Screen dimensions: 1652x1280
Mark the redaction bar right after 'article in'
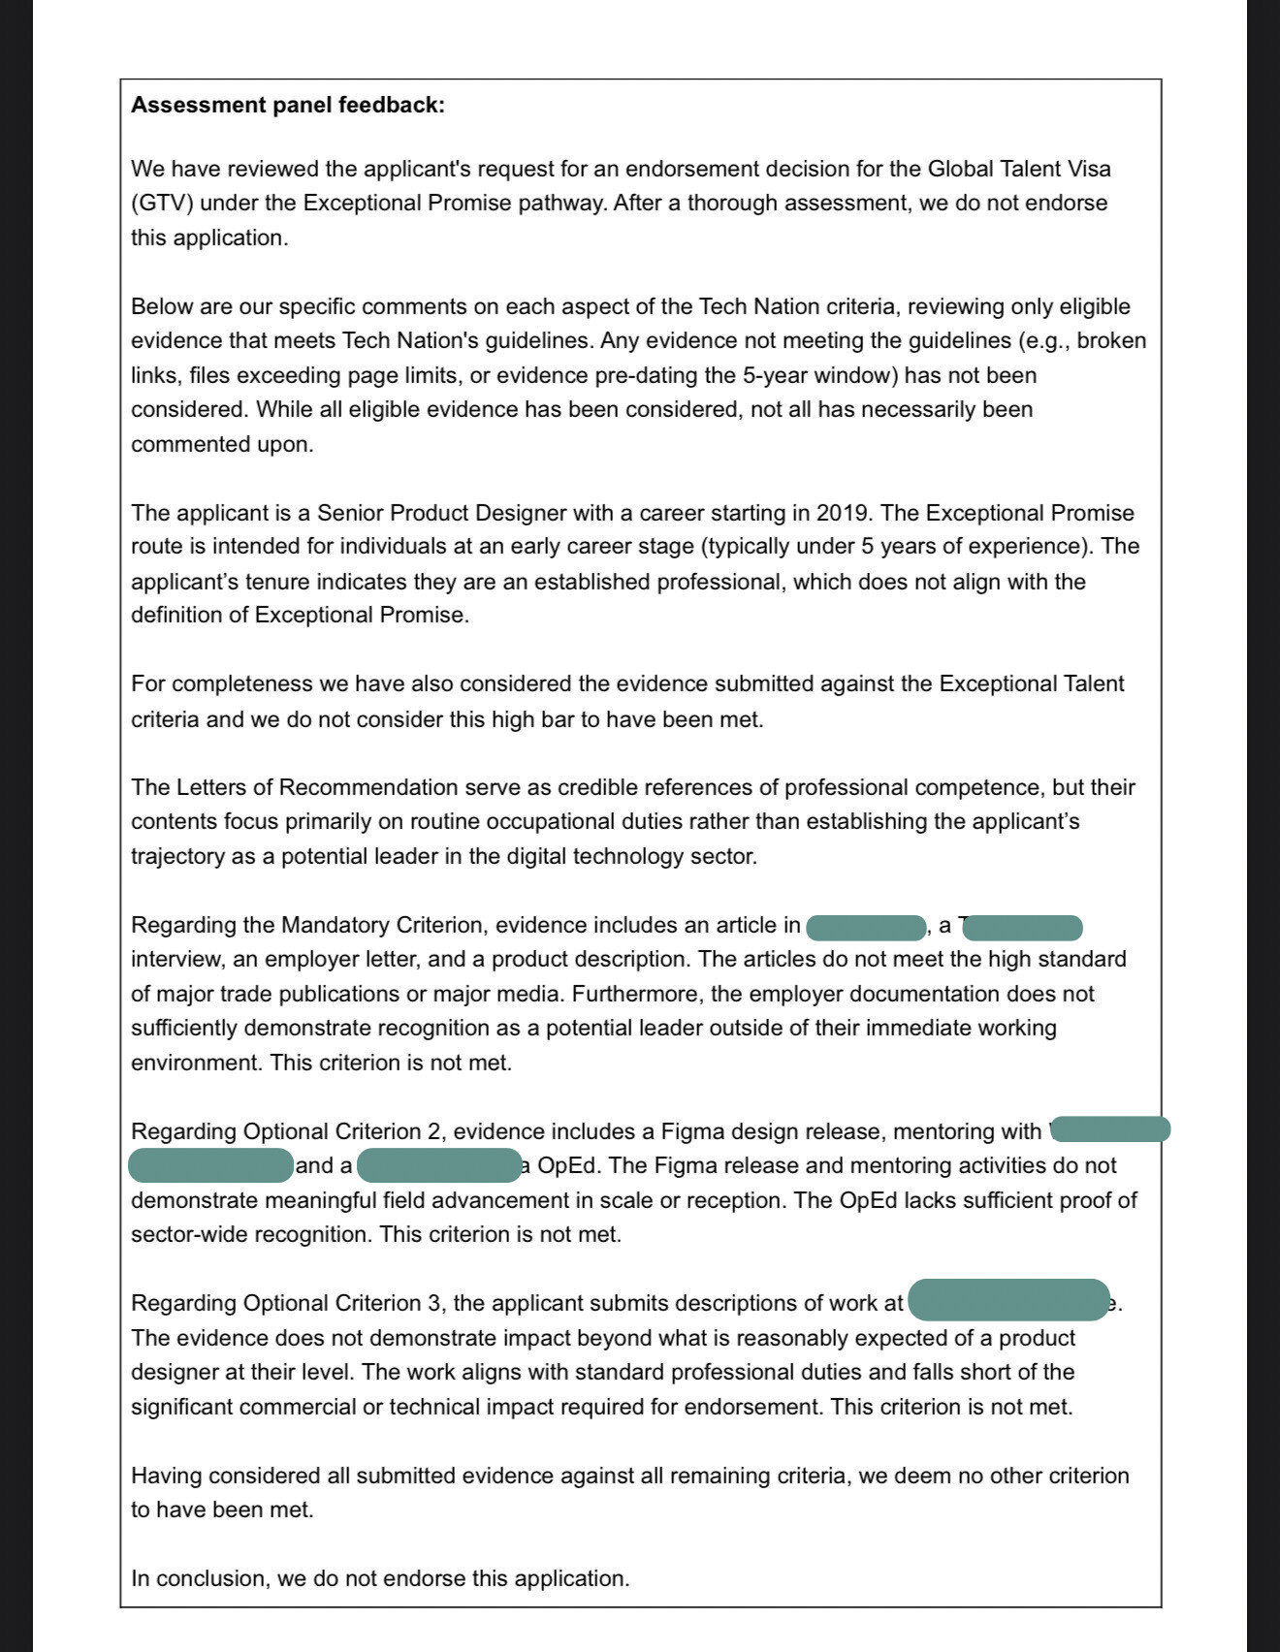tap(866, 927)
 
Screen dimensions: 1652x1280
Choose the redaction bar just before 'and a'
tap(210, 1165)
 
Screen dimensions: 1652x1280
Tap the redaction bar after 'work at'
tap(1008, 1301)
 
